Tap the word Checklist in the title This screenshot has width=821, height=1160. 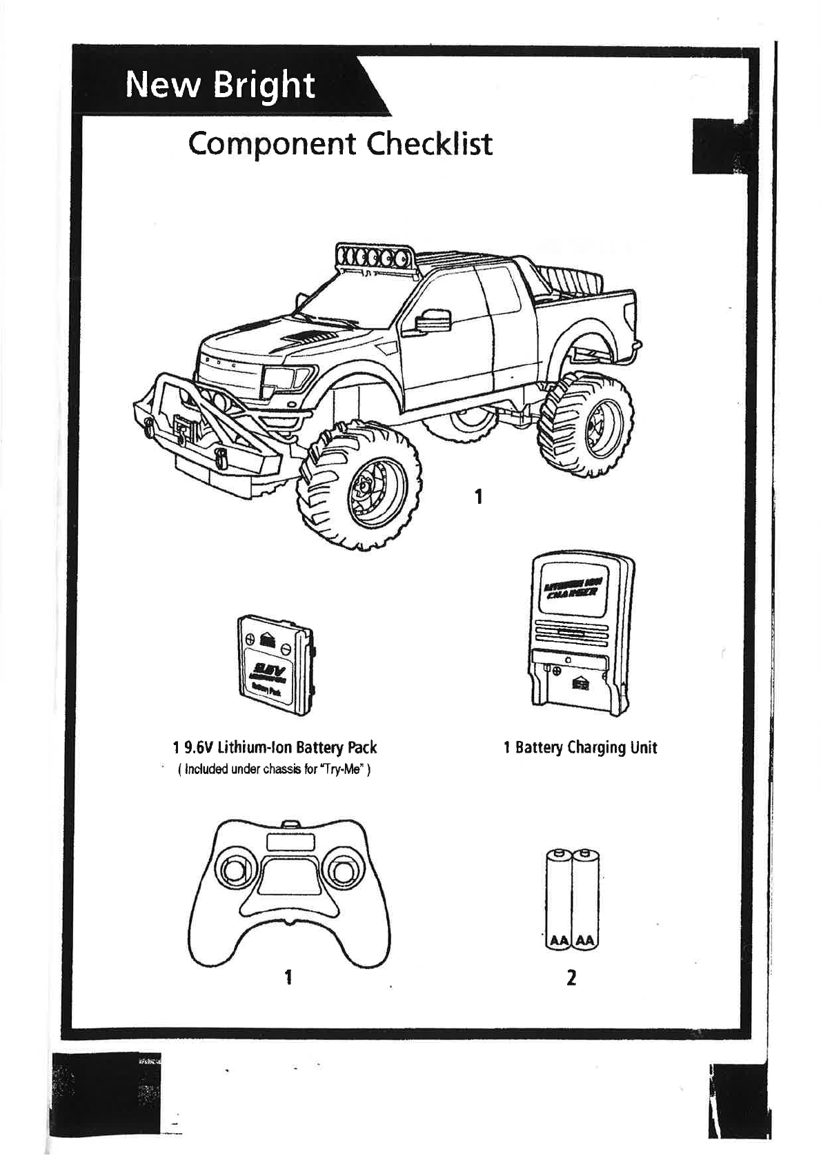pyautogui.click(x=430, y=144)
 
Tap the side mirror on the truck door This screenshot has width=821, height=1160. pyautogui.click(x=433, y=320)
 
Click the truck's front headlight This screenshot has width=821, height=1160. pyautogui.click(x=287, y=378)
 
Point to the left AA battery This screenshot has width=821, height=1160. pyautogui.click(x=557, y=899)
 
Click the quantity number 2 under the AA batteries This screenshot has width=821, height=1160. pyautogui.click(x=571, y=977)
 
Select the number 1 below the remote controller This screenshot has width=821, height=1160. pyautogui.click(x=288, y=977)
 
